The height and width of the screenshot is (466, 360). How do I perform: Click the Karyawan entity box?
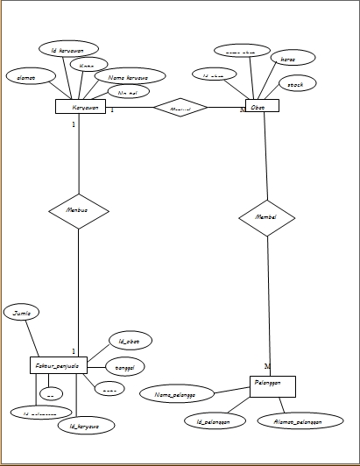click(x=81, y=107)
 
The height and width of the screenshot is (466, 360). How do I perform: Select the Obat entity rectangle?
click(x=258, y=106)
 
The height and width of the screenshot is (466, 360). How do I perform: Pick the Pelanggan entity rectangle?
click(x=272, y=386)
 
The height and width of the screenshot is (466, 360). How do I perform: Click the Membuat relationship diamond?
click(x=79, y=210)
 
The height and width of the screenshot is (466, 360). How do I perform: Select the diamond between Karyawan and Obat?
click(x=180, y=108)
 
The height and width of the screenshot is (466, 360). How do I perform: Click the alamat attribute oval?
click(x=26, y=76)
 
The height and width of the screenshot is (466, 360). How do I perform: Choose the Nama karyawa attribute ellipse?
click(x=131, y=76)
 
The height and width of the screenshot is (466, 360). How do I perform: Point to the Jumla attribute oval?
click(x=22, y=312)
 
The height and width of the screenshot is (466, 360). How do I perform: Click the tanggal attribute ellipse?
click(x=124, y=367)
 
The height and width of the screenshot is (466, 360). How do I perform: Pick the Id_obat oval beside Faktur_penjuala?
click(x=129, y=340)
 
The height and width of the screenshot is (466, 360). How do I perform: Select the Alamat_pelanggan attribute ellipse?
click(x=291, y=420)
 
